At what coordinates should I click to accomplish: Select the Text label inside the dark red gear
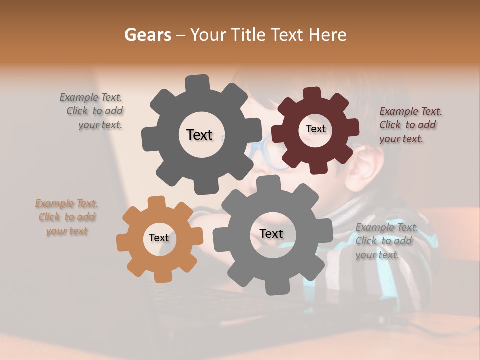pos(315,129)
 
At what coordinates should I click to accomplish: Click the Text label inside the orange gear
pos(159,238)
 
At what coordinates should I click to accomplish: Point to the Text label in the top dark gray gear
pos(199,135)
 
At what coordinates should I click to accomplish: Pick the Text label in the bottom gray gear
pos(271,233)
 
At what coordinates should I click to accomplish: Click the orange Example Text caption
pos(66,217)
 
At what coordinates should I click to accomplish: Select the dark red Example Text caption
pos(410,125)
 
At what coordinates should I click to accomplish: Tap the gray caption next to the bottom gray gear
pos(386,241)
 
